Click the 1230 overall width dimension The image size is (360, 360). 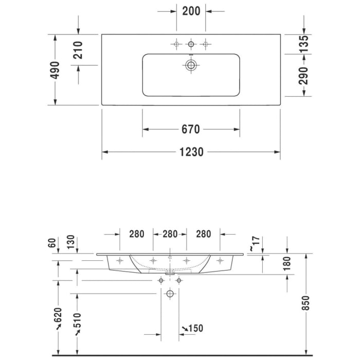tap(191, 152)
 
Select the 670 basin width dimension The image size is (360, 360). tap(191, 129)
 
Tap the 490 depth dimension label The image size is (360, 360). tap(55, 69)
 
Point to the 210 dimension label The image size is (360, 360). tap(78, 50)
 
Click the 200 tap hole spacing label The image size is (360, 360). tap(191, 10)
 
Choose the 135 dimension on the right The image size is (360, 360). tap(304, 44)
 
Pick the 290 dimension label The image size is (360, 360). tap(304, 76)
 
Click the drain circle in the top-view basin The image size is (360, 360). tap(191, 65)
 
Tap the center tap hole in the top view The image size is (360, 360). tap(191, 44)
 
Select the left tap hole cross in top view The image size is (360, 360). tap(176, 44)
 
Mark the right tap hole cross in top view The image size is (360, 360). tap(205, 44)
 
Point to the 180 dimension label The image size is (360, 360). tap(287, 264)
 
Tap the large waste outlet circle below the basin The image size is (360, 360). tap(170, 295)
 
